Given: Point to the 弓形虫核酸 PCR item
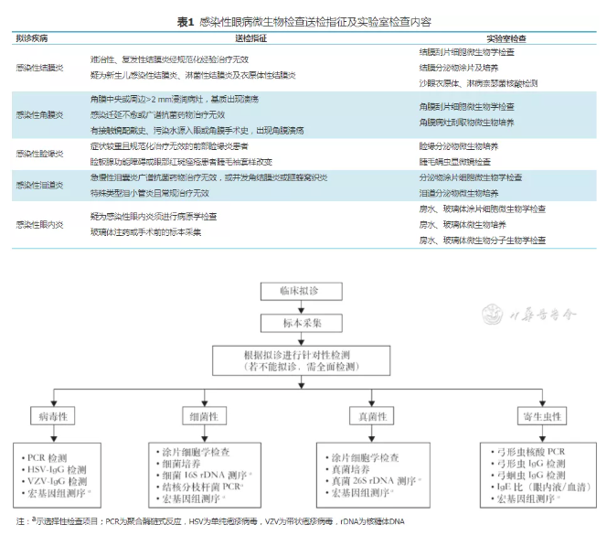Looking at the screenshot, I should pos(530,452).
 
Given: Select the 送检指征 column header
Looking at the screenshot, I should pos(250,38).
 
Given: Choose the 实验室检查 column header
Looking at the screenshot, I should pos(511,38).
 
